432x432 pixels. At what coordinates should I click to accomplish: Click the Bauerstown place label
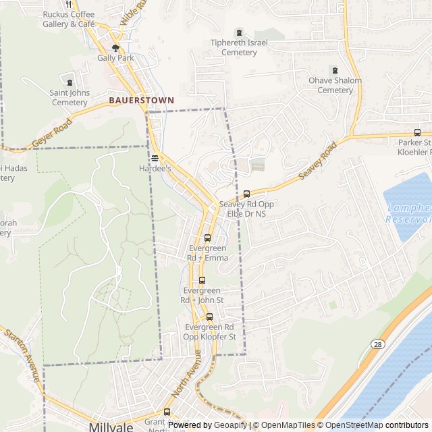(x=142, y=100)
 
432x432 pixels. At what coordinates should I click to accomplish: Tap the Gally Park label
(x=115, y=58)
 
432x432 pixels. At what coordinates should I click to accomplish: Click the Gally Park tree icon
(x=115, y=48)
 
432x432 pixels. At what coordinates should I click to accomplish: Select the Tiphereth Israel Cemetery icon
(x=238, y=32)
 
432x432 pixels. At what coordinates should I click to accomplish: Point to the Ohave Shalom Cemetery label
(x=335, y=85)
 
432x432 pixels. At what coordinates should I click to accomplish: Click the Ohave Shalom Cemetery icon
(x=334, y=70)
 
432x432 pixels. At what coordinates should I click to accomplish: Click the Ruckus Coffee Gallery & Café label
(x=69, y=19)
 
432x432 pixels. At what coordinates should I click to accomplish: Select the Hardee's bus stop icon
(x=155, y=158)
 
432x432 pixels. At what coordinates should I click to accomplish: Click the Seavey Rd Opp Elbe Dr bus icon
(x=246, y=194)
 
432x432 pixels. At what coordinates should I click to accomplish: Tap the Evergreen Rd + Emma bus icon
(x=207, y=238)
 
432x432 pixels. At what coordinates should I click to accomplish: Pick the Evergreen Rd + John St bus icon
(x=202, y=280)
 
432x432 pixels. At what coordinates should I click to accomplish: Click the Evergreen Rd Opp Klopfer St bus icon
(x=210, y=317)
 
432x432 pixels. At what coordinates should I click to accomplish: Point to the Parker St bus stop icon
(x=417, y=133)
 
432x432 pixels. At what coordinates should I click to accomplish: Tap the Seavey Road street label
(x=317, y=161)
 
